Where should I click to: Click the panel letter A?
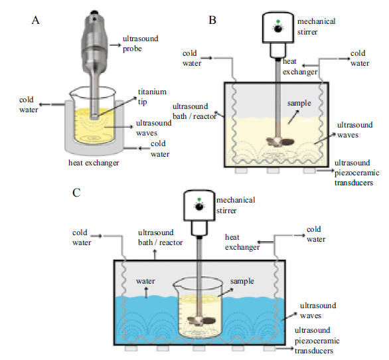(35, 20)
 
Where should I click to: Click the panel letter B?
(212, 20)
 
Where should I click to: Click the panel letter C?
(76, 193)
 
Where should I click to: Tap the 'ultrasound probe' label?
(141, 44)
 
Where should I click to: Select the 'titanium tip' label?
(152, 96)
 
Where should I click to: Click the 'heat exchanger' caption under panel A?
(94, 163)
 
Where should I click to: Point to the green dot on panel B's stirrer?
(278, 22)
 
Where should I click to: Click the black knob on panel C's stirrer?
(199, 207)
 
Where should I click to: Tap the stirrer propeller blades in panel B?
(280, 141)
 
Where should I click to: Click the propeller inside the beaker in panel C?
(201, 321)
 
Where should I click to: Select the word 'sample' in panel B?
(299, 103)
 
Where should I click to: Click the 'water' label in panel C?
(145, 281)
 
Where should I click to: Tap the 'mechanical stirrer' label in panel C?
(236, 205)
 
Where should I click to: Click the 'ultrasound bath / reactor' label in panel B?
(194, 111)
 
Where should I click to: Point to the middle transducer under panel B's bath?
(273, 170)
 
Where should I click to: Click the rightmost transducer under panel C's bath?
(270, 348)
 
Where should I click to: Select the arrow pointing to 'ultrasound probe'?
(116, 45)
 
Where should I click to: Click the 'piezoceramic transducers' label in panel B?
(356, 178)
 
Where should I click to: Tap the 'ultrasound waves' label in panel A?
(154, 128)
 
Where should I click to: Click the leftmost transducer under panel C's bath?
(131, 348)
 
